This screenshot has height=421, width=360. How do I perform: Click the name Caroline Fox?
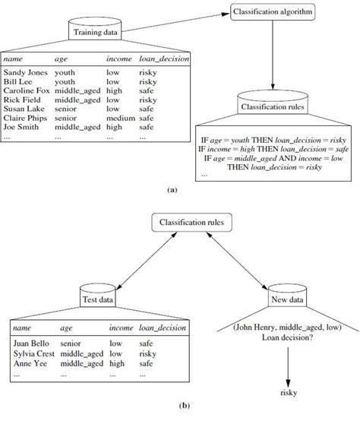point(27,90)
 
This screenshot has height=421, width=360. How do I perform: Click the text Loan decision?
point(289,340)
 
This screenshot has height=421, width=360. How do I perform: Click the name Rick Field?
point(24,99)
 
